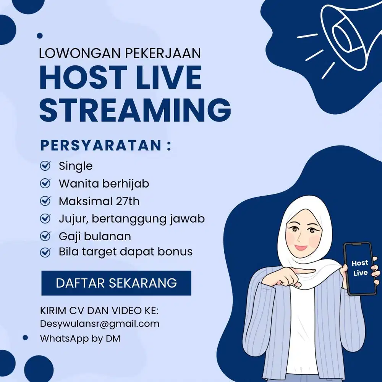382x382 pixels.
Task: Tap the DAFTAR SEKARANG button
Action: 116,283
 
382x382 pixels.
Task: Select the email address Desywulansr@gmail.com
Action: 100,324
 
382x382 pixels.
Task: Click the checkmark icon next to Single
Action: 45,166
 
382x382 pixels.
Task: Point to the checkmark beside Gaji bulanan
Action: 45,236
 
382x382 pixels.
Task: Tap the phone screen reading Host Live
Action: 360,268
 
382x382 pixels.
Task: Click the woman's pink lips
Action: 301,247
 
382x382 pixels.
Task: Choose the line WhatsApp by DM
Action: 80,338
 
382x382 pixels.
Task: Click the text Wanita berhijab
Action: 104,184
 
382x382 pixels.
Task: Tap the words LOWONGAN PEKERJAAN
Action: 120,53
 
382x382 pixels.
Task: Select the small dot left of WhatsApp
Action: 25,338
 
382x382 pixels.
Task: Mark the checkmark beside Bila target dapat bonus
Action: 45,252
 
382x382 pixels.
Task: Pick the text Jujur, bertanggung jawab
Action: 131,219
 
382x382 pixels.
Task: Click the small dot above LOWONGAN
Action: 40,36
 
